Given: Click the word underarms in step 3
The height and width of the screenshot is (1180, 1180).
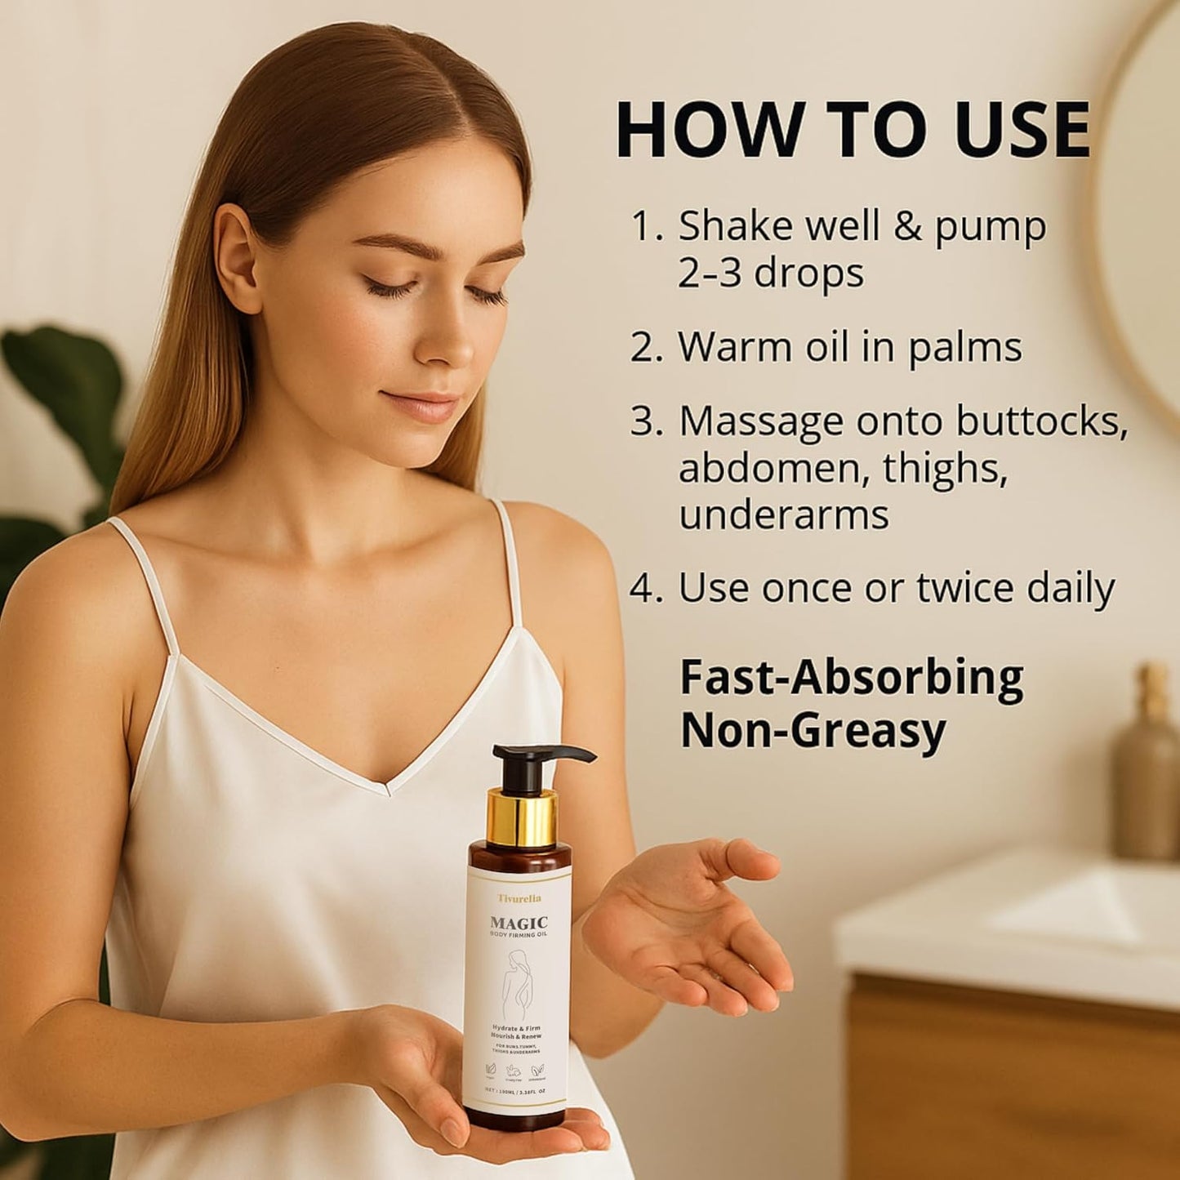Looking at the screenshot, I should point(783,514).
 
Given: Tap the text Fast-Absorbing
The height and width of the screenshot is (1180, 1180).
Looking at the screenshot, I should point(851,679).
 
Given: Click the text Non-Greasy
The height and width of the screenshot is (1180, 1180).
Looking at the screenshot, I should point(813,731).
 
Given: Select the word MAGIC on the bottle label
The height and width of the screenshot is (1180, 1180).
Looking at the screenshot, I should point(519,923).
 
